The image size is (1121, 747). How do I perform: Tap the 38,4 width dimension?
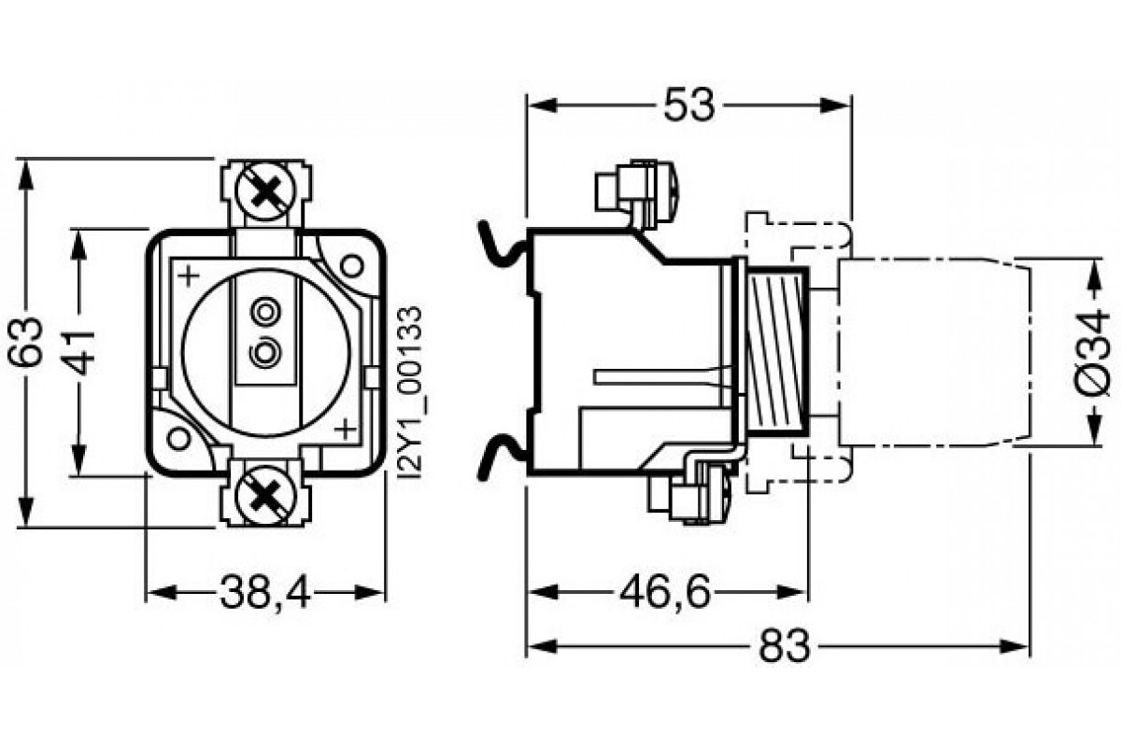pos(265,592)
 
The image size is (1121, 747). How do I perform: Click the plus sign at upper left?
pos(189,275)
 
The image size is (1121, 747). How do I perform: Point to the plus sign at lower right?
pos(345,430)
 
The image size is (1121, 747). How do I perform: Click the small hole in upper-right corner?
pos(351,265)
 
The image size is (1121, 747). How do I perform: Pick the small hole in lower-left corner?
pos(179,437)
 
